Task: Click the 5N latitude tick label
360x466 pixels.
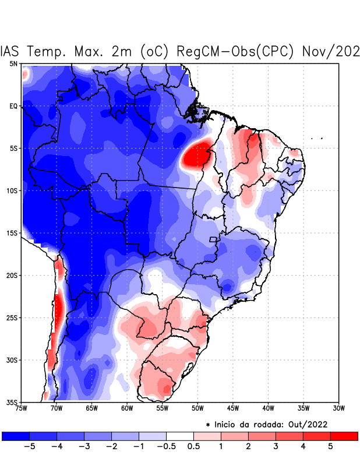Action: tap(13, 63)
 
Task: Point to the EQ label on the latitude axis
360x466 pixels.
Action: tap(13, 106)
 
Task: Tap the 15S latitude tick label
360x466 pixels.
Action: tap(12, 233)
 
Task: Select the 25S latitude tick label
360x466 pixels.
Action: tap(12, 318)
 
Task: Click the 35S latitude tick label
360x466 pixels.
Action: tap(12, 403)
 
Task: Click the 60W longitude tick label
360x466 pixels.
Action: tap(127, 409)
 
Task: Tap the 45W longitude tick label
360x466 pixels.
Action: tap(233, 409)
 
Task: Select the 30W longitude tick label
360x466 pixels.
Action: tap(339, 409)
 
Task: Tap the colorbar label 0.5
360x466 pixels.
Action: tap(193, 446)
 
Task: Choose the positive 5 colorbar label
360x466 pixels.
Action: tap(330, 446)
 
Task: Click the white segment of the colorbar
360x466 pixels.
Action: tap(180, 436)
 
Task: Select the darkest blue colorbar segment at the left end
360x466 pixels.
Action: tap(16, 436)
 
